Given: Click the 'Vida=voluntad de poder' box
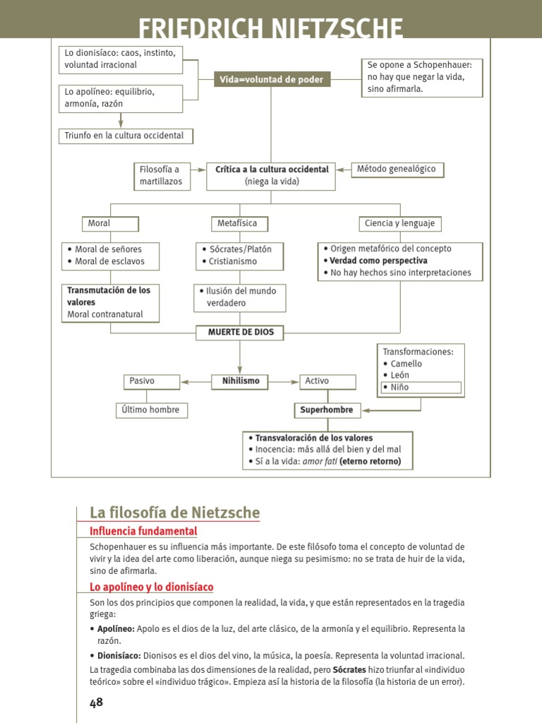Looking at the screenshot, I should tap(272, 80).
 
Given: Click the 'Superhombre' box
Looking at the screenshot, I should tap(326, 410).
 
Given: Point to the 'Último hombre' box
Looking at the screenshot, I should tap(152, 410).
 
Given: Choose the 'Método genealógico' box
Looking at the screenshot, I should tap(397, 169).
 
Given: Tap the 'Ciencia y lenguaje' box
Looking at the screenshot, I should tap(399, 224).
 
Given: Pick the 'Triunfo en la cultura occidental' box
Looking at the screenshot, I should tap(125, 136).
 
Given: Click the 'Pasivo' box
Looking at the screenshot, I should tap(151, 381).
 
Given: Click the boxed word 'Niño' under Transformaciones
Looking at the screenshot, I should tap(421, 387).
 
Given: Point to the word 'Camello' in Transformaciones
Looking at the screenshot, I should tap(406, 364).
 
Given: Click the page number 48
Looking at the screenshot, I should tap(96, 702).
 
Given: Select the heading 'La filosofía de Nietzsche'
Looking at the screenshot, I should tap(174, 513).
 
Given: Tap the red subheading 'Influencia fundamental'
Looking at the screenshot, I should tap(143, 532).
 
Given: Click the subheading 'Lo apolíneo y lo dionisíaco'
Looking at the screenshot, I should tap(151, 587).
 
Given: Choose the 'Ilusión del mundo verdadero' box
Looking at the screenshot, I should tap(240, 297).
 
